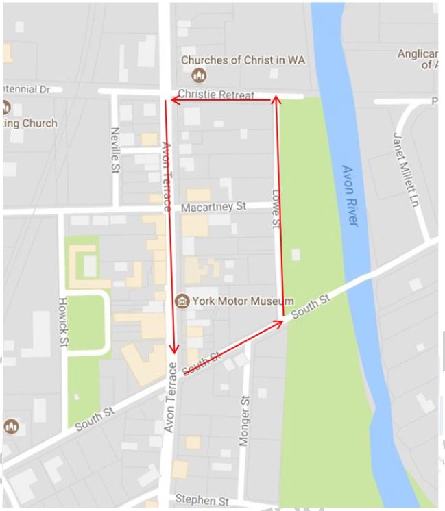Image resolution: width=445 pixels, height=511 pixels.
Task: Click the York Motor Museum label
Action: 243,301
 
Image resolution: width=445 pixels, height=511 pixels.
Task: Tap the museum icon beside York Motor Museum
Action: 182,301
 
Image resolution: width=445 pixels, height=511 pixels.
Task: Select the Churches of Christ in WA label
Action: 243,60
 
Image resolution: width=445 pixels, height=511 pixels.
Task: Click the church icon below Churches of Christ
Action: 200,75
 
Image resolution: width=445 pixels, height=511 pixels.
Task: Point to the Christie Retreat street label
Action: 215,95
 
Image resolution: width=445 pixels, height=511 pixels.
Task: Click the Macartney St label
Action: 213,206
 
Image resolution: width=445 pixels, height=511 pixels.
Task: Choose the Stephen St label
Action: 202,501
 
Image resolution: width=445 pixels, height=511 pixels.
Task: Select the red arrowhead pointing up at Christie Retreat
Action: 276,100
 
